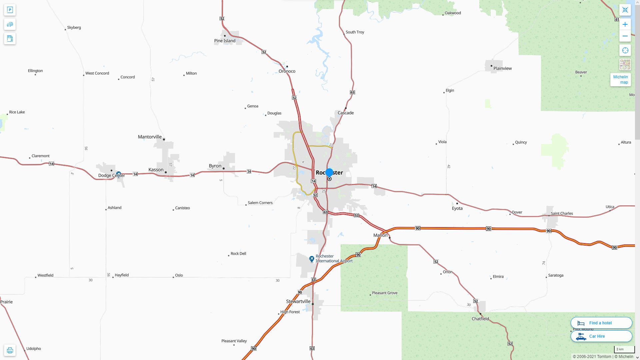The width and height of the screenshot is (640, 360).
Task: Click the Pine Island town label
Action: coord(225,41)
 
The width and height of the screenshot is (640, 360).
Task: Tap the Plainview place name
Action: coord(502,68)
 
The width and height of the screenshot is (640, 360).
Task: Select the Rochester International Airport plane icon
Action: coord(312,259)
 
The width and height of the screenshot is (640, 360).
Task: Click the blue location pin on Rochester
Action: coord(329,173)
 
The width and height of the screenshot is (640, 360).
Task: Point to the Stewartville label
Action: coord(298,301)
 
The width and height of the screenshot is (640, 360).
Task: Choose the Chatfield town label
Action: coord(480,319)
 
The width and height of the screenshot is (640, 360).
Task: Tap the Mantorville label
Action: coord(150,137)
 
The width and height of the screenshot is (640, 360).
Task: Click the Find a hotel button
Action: coord(601,323)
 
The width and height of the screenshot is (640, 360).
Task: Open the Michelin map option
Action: coord(620,79)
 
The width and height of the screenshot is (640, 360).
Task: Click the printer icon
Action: coord(10,350)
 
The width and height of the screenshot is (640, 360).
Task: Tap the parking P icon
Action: coord(10,10)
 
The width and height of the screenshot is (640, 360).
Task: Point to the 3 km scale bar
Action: coord(624,350)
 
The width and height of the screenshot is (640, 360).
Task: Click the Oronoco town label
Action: coord(287,71)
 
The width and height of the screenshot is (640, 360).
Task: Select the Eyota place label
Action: coord(457,208)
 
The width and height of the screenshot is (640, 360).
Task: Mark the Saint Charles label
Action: coord(562,213)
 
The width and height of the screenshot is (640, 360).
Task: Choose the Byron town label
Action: coord(215,166)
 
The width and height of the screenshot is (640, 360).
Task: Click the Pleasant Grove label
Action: coord(384,293)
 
